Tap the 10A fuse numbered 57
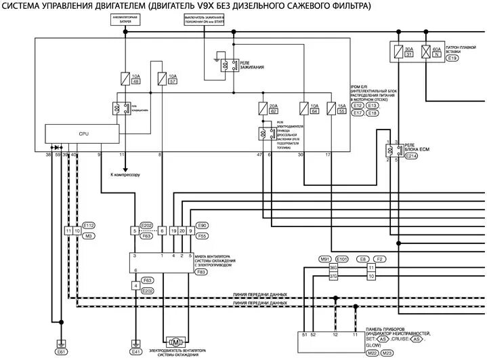pos(161,78)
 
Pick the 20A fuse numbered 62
pos(263,108)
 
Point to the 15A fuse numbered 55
pos(331,108)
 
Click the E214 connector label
pos(412,157)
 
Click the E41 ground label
pos(136,352)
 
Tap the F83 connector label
pos(200,272)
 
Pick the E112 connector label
pos(89,224)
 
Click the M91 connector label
pos(324,259)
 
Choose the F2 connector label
pos(379,259)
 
